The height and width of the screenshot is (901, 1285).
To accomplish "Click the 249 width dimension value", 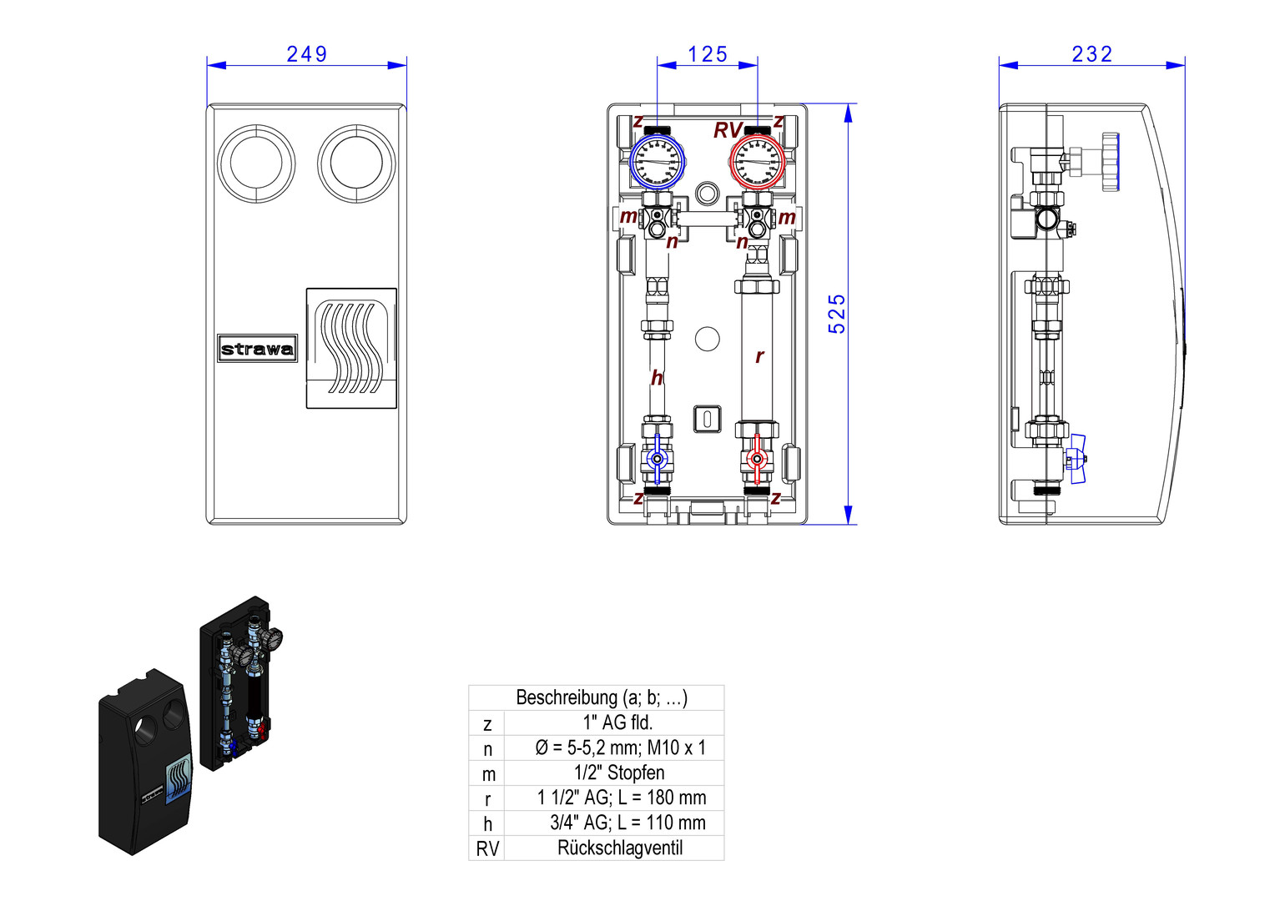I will pyautogui.click(x=306, y=54).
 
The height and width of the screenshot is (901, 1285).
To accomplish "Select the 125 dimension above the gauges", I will pyautogui.click(x=708, y=54).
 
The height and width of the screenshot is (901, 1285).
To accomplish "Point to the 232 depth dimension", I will pyautogui.click(x=1091, y=54).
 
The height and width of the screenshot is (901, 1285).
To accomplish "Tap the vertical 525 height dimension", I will pyautogui.click(x=837, y=314).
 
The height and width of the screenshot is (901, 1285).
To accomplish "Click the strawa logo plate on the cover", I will pyautogui.click(x=258, y=349).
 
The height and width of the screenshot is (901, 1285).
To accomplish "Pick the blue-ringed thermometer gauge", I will pyautogui.click(x=657, y=161).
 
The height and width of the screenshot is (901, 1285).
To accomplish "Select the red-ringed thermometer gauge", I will pyautogui.click(x=757, y=161).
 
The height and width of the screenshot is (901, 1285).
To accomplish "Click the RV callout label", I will pyautogui.click(x=727, y=131).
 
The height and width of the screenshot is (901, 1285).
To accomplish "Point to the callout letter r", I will pyautogui.click(x=759, y=356).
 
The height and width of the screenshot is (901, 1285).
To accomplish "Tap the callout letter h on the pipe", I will pyautogui.click(x=657, y=378).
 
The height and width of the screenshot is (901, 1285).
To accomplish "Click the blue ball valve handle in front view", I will pyautogui.click(x=657, y=459).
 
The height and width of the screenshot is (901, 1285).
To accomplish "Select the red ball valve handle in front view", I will pyautogui.click(x=757, y=459).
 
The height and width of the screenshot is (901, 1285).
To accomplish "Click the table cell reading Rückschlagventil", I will pyautogui.click(x=619, y=848).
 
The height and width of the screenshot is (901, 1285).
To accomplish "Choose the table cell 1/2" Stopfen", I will pyautogui.click(x=619, y=773).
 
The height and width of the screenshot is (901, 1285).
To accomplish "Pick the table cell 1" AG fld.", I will pyautogui.click(x=617, y=722).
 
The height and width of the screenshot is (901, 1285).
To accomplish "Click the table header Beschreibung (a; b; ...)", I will pyautogui.click(x=602, y=697).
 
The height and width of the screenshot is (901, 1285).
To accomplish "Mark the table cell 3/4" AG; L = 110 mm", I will pyautogui.click(x=627, y=823).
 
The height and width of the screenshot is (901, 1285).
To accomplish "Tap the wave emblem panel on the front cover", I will pyautogui.click(x=351, y=348).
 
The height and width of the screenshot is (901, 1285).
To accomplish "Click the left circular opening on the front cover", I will pyautogui.click(x=256, y=164).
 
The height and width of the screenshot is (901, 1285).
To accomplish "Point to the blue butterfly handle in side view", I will pyautogui.click(x=1077, y=458).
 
